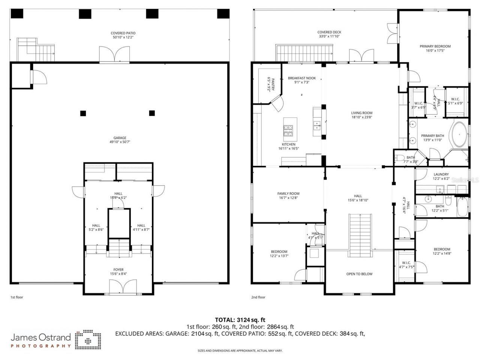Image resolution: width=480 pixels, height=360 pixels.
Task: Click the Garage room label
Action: tap(120, 138)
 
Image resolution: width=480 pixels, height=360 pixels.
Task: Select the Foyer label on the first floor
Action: tap(118, 270)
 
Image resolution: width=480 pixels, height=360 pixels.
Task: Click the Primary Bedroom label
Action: tap(435, 46)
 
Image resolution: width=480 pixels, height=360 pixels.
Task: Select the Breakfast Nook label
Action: tap(301, 78)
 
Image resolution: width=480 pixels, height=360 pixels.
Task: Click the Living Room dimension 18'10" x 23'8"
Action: tap(361, 117)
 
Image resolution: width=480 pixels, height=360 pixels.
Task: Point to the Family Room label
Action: tap(288, 193)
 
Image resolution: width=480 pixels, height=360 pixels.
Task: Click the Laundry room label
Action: tap(441, 174)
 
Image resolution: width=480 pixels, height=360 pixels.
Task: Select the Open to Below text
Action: tap(359, 274)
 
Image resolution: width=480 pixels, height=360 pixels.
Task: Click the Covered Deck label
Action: tap(329, 32)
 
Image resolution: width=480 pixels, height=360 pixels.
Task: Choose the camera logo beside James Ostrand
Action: tap(88, 340)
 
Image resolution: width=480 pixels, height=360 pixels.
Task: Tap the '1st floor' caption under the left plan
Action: tap(16, 297)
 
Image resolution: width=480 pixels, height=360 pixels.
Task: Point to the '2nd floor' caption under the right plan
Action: tap(258, 297)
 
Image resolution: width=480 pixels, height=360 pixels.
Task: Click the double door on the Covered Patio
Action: tap(115, 55)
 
